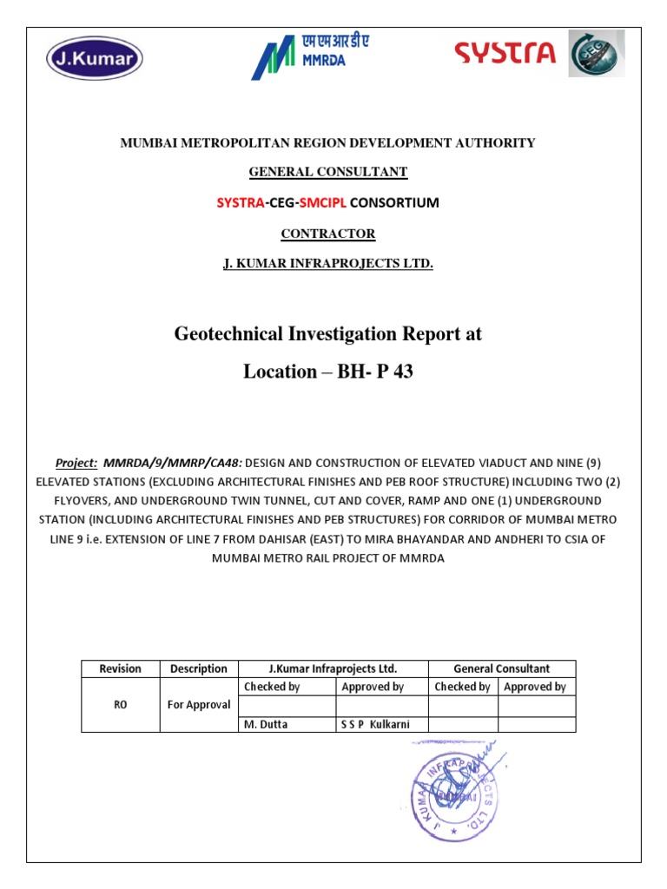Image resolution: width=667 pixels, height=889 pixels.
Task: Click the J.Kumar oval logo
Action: (94, 59)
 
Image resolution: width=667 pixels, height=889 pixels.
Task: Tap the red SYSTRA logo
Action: (505, 54)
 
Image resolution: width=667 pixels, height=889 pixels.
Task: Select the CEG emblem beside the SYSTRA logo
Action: (596, 54)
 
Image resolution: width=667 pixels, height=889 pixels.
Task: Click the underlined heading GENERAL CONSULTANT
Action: (327, 172)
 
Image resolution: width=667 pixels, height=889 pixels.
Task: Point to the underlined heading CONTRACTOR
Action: (327, 234)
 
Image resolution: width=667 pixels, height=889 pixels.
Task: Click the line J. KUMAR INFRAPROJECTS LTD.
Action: (327, 263)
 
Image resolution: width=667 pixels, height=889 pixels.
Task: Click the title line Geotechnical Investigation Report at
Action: (327, 333)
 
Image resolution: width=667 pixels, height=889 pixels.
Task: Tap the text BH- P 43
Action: (375, 372)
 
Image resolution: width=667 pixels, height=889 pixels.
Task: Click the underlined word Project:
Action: (76, 464)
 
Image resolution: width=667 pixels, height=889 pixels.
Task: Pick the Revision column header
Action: (120, 668)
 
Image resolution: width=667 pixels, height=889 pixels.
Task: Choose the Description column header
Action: (198, 668)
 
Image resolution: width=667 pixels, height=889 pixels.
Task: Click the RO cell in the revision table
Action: (120, 705)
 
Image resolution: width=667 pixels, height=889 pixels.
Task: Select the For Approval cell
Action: (198, 705)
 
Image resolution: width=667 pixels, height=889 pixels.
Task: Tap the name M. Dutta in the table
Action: (266, 724)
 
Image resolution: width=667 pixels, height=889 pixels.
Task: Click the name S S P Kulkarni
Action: (374, 724)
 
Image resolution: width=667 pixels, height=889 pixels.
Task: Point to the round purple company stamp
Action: (459, 792)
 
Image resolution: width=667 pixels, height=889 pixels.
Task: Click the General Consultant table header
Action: (501, 668)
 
